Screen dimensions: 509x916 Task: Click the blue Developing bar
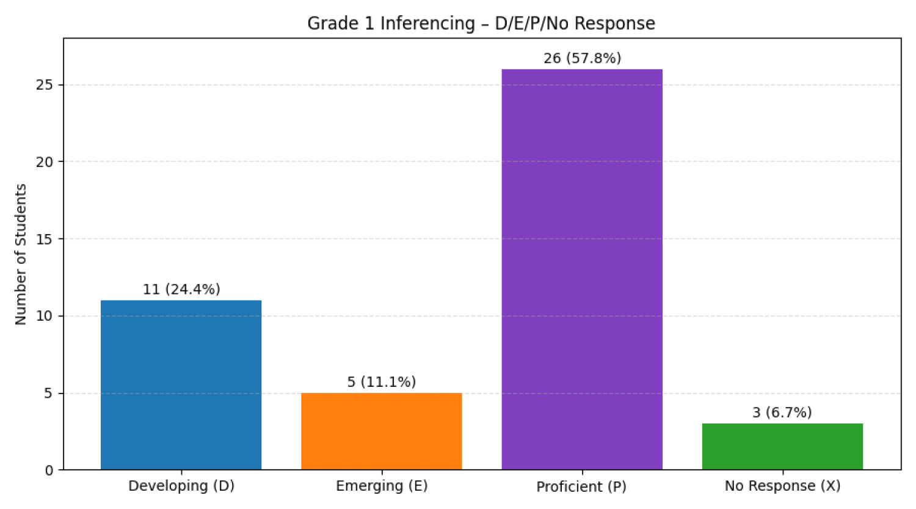181,385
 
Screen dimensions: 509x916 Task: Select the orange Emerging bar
382,431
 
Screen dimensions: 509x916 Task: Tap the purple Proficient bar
582,269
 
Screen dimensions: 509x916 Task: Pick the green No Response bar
782,447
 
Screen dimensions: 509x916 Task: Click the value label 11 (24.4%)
181,289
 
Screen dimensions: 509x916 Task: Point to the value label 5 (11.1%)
382,382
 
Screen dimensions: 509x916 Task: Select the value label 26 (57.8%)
582,58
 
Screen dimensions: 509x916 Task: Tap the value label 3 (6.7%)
782,412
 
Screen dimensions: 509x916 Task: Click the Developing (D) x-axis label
181,486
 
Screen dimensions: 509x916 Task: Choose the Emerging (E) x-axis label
382,486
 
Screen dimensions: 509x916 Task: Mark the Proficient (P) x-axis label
581,486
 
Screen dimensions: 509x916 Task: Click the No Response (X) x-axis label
782,486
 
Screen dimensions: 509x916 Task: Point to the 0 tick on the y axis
49,471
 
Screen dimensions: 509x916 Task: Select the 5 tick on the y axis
49,394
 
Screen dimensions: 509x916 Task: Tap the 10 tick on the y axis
45,316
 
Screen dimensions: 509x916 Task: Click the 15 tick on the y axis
45,239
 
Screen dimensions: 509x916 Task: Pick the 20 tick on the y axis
45,162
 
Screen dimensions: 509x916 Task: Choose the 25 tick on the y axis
45,85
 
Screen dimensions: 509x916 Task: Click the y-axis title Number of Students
21,254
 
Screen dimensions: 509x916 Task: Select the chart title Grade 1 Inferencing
481,23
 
